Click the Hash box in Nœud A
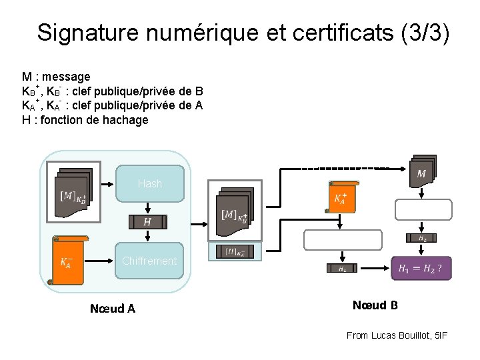coord(150,183)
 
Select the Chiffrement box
coord(149,261)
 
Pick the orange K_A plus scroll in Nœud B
coord(340,197)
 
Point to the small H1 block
coord(342,268)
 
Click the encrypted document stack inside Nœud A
coord(73,192)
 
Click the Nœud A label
coord(113,308)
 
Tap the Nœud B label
coord(375,305)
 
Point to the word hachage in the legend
coord(125,120)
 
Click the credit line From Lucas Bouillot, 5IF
coord(397,335)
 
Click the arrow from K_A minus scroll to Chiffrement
coord(106,261)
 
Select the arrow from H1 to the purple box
coord(374,268)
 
